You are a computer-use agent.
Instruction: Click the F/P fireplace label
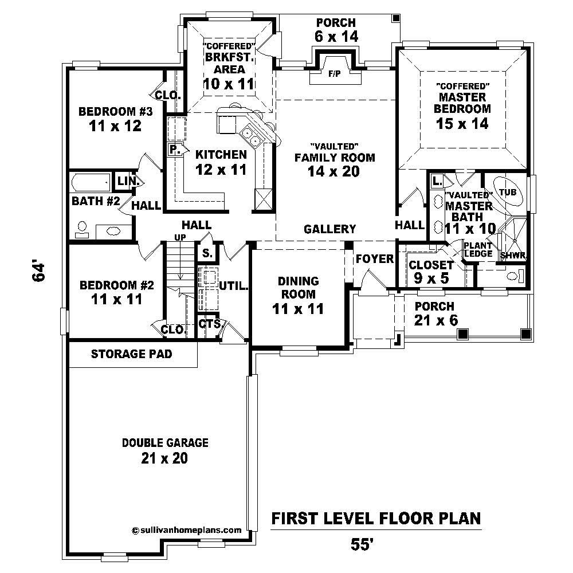pyautogui.click(x=333, y=74)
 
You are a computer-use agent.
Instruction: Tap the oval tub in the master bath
pyautogui.click(x=508, y=193)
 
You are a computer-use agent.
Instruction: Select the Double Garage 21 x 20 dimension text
pyautogui.click(x=164, y=458)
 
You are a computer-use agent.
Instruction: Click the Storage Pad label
pyautogui.click(x=132, y=354)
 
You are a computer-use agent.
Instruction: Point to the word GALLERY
pyautogui.click(x=330, y=229)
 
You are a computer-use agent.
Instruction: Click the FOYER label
pyautogui.click(x=375, y=259)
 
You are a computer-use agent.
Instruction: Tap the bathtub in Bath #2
pyautogui.click(x=91, y=183)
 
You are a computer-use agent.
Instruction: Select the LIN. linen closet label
pyautogui.click(x=125, y=181)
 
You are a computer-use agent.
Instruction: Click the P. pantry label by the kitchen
pyautogui.click(x=175, y=150)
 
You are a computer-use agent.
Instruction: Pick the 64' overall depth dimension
pyautogui.click(x=38, y=272)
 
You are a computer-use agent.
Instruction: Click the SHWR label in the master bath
pyautogui.click(x=513, y=256)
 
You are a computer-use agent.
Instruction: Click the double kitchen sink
pyautogui.click(x=251, y=135)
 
